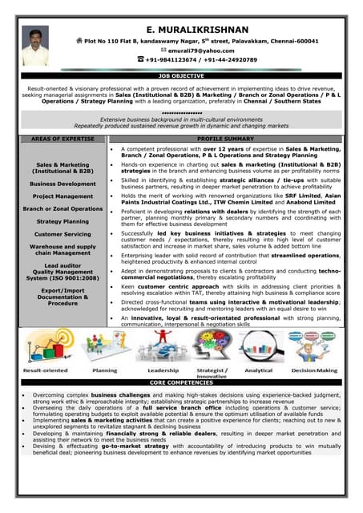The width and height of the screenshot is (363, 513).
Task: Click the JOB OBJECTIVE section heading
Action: coord(181,75)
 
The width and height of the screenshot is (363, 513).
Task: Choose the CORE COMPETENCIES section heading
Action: coord(181,384)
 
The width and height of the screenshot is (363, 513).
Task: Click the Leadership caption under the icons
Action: coord(163,371)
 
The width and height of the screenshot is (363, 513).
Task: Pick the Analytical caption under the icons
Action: coord(258,371)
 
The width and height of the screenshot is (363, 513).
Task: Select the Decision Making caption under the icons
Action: coord(314,371)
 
